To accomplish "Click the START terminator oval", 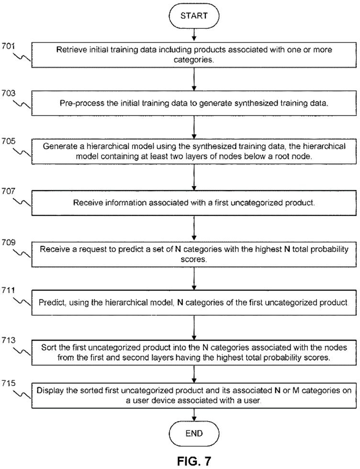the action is [x=194, y=15].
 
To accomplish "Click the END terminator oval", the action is [x=194, y=433].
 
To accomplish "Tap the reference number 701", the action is [x=8, y=46].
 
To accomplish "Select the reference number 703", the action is [x=8, y=93].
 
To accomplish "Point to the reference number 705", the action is [x=8, y=141].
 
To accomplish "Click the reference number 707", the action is [x=8, y=191].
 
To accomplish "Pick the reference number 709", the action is [x=8, y=242].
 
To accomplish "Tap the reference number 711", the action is [x=8, y=290].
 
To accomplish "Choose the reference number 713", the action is [x=8, y=340].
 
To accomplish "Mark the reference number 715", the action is [x=8, y=383].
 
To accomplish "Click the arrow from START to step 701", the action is [x=194, y=34].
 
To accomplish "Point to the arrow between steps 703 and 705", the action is [x=194, y=127].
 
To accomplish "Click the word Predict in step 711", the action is [x=52, y=303].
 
